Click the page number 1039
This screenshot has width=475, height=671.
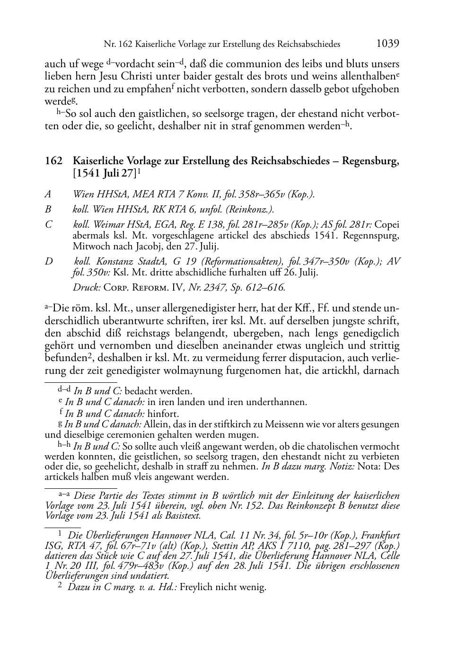pos(387,44)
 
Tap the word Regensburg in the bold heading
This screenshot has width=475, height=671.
pos(370,161)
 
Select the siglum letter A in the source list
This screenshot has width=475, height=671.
pos(48,194)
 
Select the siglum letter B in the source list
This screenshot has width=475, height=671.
pos(48,209)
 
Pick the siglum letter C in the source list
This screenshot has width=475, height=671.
pos(48,225)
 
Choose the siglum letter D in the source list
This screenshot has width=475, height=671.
pos(48,261)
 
